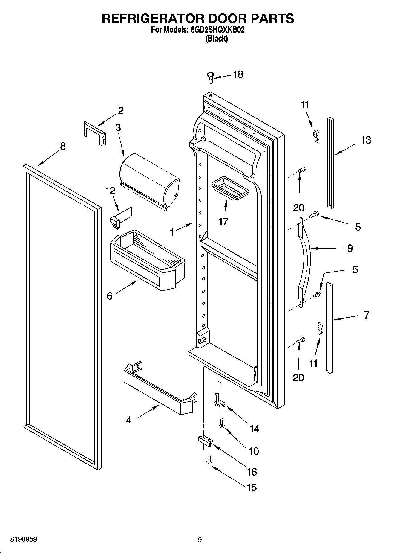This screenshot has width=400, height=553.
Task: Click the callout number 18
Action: pyautogui.click(x=238, y=74)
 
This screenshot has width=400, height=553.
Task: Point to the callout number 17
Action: pyautogui.click(x=223, y=222)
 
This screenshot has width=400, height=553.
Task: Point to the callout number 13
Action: pyautogui.click(x=366, y=140)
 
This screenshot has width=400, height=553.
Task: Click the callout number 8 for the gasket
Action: pyautogui.click(x=63, y=146)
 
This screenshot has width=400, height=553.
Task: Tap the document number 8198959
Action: pyautogui.click(x=24, y=540)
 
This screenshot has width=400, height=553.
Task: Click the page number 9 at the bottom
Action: pyautogui.click(x=200, y=540)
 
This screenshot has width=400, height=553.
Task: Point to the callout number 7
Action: pyautogui.click(x=366, y=315)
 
